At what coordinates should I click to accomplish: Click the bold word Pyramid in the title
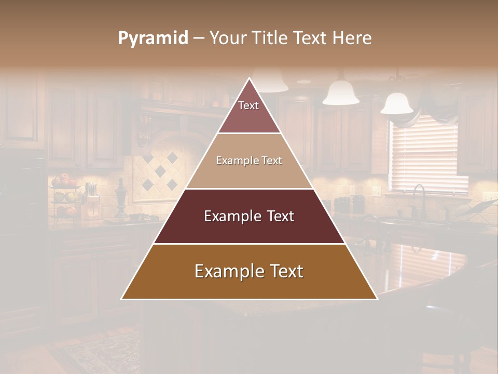point(153,38)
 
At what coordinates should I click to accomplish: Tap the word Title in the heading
point(269,38)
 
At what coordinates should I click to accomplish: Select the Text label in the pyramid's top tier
point(248,105)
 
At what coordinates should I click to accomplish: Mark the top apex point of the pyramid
point(250,78)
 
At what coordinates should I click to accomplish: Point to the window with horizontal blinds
point(428,156)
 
